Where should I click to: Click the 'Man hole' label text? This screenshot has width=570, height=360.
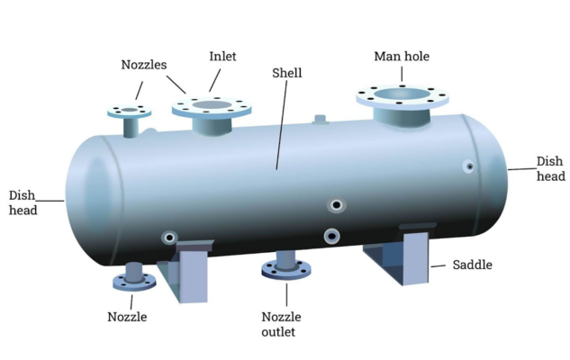pos(402,57)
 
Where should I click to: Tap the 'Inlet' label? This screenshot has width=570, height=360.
pos(222,57)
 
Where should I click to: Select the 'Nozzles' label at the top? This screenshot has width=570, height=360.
pos(144,65)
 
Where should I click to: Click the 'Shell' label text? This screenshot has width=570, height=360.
pos(287,72)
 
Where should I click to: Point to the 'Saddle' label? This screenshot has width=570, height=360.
pos(472,265)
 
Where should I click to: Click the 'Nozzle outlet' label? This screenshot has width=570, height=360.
pos(282,324)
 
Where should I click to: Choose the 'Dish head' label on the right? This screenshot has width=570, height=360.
pos(550,168)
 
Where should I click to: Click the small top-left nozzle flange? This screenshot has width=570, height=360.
pos(131,112)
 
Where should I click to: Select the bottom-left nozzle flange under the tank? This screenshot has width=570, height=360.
pos(134,280)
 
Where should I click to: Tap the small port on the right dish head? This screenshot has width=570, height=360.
pos(468,166)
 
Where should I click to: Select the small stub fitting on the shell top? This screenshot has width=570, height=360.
pos(319,118)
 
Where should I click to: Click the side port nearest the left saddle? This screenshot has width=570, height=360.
pos(168,237)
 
